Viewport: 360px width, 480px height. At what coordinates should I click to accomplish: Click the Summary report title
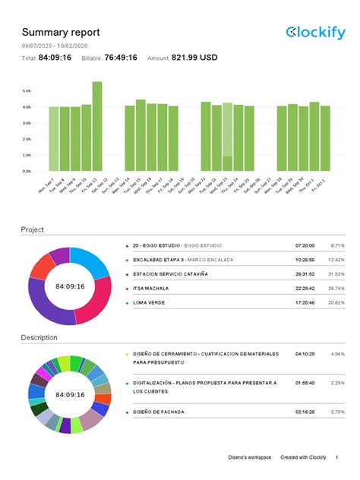click(60, 32)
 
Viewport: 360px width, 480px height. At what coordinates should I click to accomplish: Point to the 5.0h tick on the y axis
click(27, 90)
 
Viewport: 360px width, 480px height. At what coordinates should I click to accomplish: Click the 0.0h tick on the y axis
click(27, 171)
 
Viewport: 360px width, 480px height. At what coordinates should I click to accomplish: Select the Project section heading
click(33, 229)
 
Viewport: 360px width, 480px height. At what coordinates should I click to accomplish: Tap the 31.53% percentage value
click(334, 274)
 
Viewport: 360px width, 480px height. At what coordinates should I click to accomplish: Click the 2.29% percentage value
click(336, 384)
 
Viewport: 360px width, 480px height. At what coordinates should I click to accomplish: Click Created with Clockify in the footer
click(303, 457)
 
